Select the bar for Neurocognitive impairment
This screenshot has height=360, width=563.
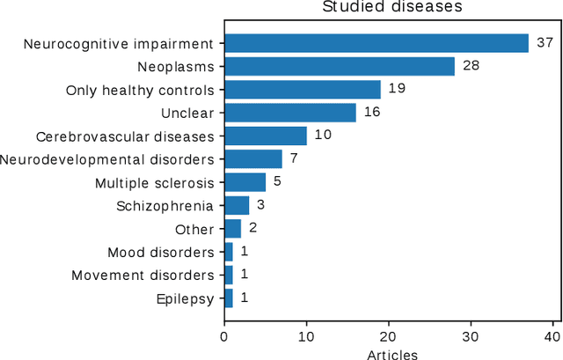click(x=376, y=43)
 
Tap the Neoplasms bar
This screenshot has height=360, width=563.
click(x=339, y=66)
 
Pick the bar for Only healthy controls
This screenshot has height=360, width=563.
click(x=302, y=89)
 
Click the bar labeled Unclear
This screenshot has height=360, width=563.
click(x=289, y=113)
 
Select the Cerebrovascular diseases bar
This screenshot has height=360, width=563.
click(x=265, y=136)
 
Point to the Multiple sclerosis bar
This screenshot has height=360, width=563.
click(x=245, y=182)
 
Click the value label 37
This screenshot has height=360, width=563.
click(x=545, y=43)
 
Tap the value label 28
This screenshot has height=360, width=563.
click(x=472, y=66)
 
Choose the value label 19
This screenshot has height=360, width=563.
click(x=398, y=89)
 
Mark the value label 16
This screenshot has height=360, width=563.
click(x=373, y=113)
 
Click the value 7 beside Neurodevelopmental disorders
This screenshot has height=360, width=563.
click(x=295, y=159)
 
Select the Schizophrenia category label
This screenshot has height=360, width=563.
click(x=165, y=206)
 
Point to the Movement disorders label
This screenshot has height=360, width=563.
click(x=143, y=276)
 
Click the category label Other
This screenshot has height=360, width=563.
click(x=194, y=229)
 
